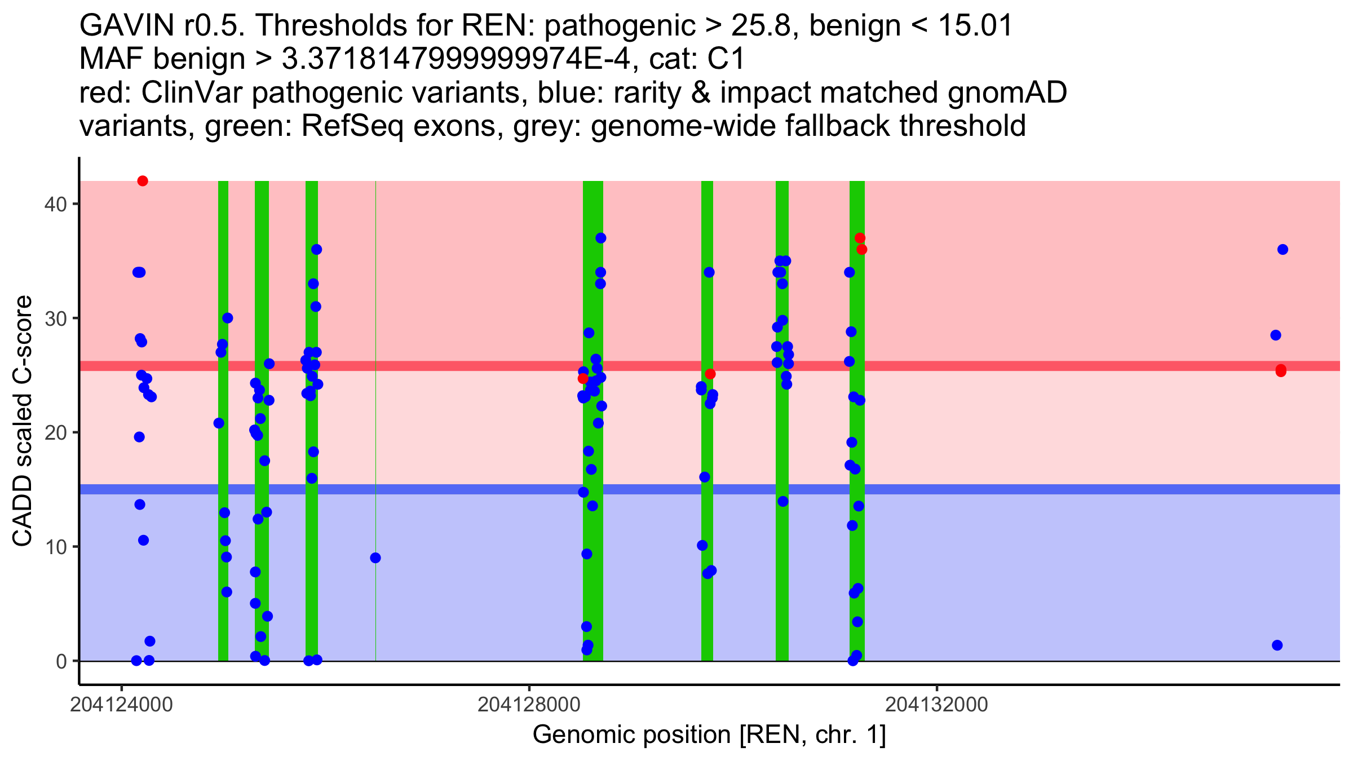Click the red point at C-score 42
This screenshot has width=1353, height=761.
pyautogui.click(x=143, y=181)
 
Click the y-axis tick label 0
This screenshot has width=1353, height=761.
pyautogui.click(x=61, y=661)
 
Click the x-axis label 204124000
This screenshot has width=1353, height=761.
pyautogui.click(x=121, y=705)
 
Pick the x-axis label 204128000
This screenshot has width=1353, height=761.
pyautogui.click(x=529, y=705)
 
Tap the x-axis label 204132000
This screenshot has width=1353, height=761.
pyautogui.click(x=936, y=705)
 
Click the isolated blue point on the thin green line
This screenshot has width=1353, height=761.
pyautogui.click(x=375, y=558)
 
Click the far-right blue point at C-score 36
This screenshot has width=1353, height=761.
pyautogui.click(x=1283, y=250)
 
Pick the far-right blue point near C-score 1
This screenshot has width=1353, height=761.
pyautogui.click(x=1277, y=645)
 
